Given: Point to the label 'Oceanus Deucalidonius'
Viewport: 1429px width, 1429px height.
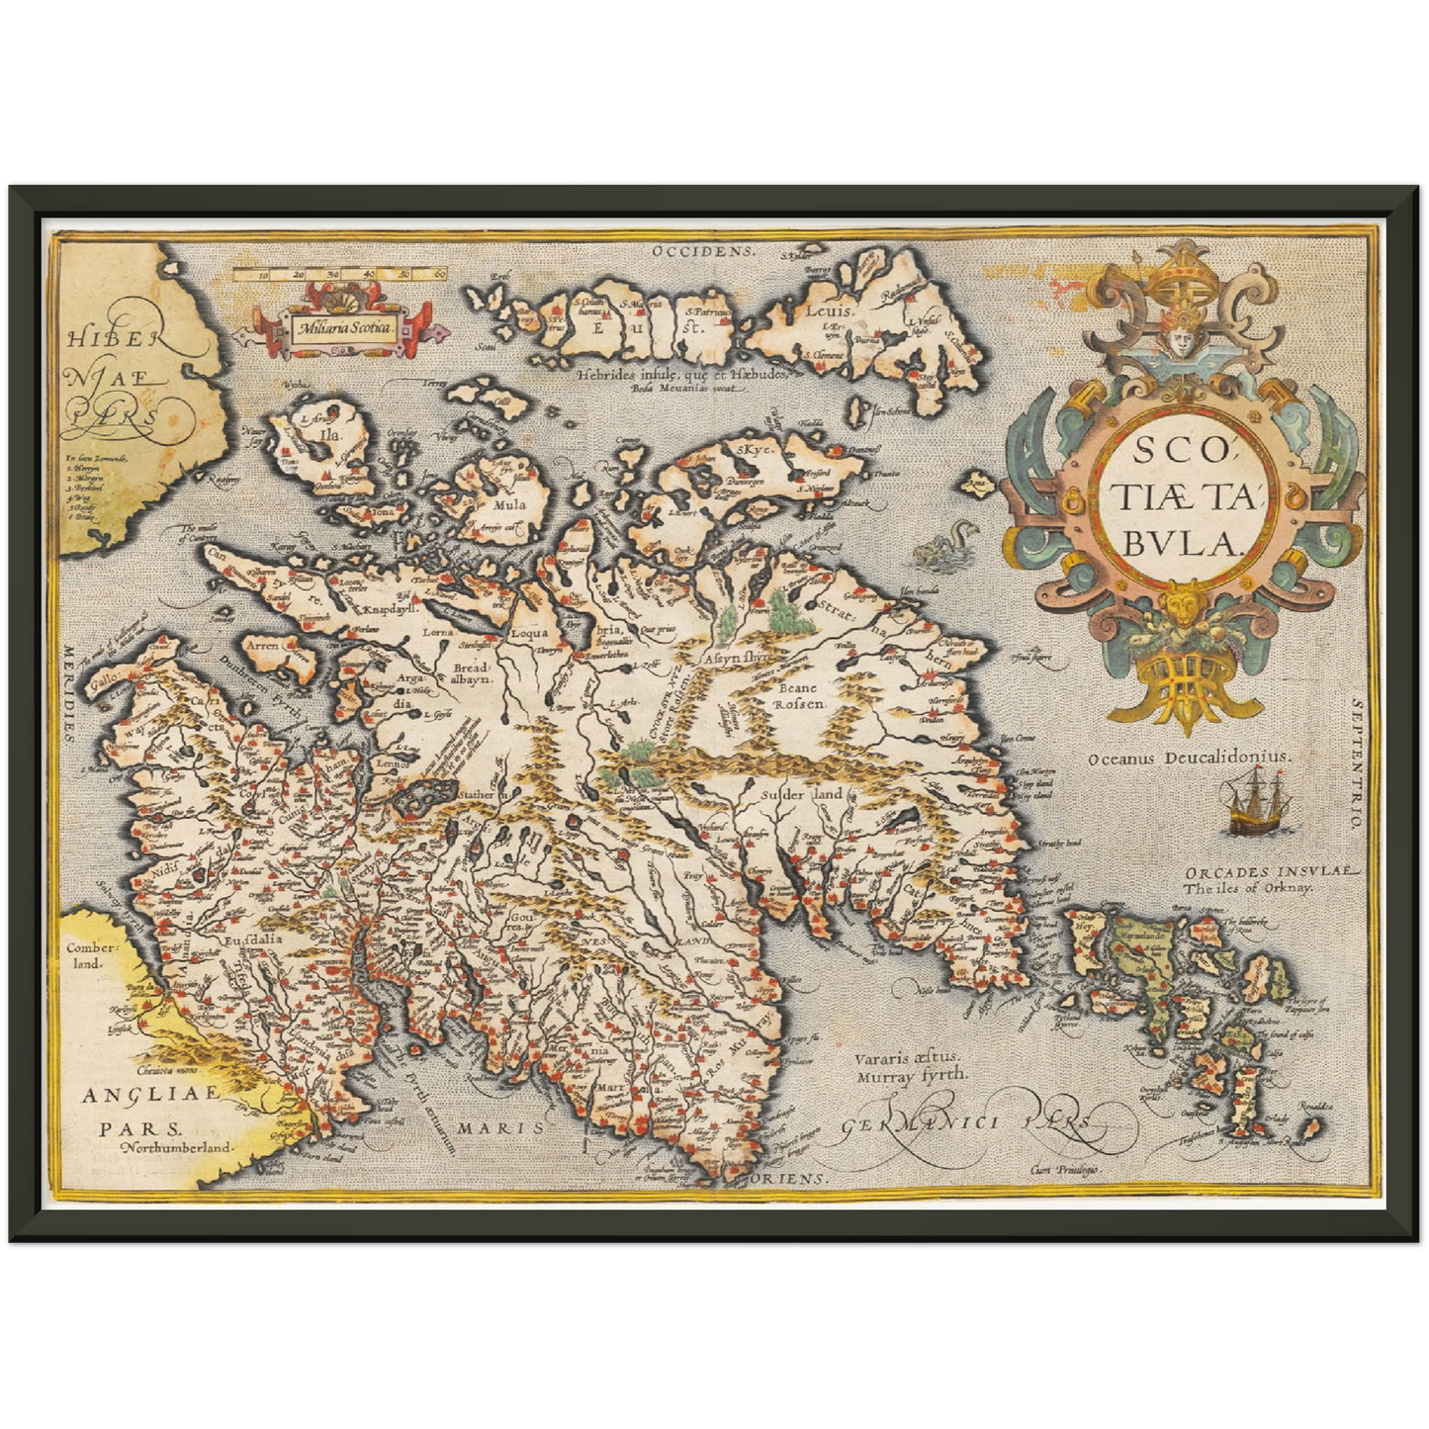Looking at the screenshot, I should [1189, 757].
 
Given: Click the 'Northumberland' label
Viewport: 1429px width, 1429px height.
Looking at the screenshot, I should [175, 1148].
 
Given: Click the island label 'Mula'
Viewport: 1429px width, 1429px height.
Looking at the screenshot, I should [508, 503].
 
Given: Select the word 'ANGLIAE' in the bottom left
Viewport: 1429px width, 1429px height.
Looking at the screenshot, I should [135, 1096].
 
